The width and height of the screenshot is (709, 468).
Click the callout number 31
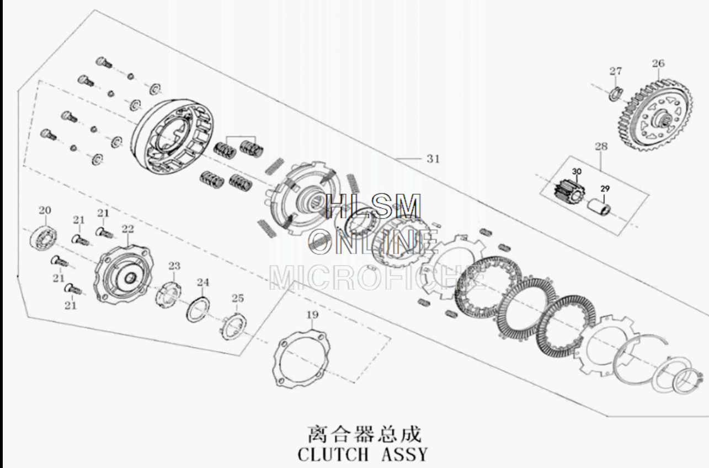[x=433, y=158]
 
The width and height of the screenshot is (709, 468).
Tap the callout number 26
[x=658, y=63]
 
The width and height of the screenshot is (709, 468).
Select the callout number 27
[x=616, y=71]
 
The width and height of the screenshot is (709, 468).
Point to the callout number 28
[x=601, y=146]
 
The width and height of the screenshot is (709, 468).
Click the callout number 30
[x=577, y=171]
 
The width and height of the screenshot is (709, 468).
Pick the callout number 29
[x=605, y=189]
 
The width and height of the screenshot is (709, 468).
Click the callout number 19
[x=312, y=315]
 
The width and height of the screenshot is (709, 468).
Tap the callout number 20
[x=45, y=210]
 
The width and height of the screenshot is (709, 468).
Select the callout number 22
[x=127, y=228]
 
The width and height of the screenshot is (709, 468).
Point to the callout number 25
[x=238, y=298]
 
